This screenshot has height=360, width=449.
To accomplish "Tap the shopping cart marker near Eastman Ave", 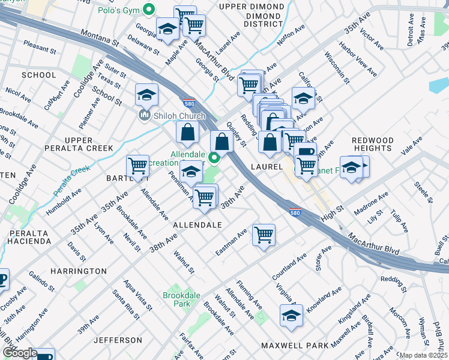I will pos(264,235).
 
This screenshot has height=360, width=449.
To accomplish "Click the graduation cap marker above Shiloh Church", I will pos(146,95).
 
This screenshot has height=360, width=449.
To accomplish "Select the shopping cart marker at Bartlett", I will pos(137,167).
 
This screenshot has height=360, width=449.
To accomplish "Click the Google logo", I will pos(19,353).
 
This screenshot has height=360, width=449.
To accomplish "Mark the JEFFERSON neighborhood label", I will pos(118,340).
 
